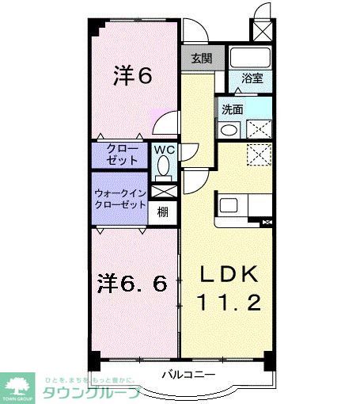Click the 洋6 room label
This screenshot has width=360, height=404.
[132, 76]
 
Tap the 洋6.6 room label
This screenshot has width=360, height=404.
[132, 283]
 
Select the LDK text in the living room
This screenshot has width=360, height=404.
[229, 274]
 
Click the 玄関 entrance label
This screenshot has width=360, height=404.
[202, 58]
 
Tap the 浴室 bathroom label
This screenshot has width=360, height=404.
[252, 79]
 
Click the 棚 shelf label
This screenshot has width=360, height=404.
[161, 212]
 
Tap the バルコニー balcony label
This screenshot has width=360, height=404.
[188, 373]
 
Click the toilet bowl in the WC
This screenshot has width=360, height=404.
[164, 166]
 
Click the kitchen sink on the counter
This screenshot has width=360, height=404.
[231, 206]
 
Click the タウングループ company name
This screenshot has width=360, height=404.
[92, 391]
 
